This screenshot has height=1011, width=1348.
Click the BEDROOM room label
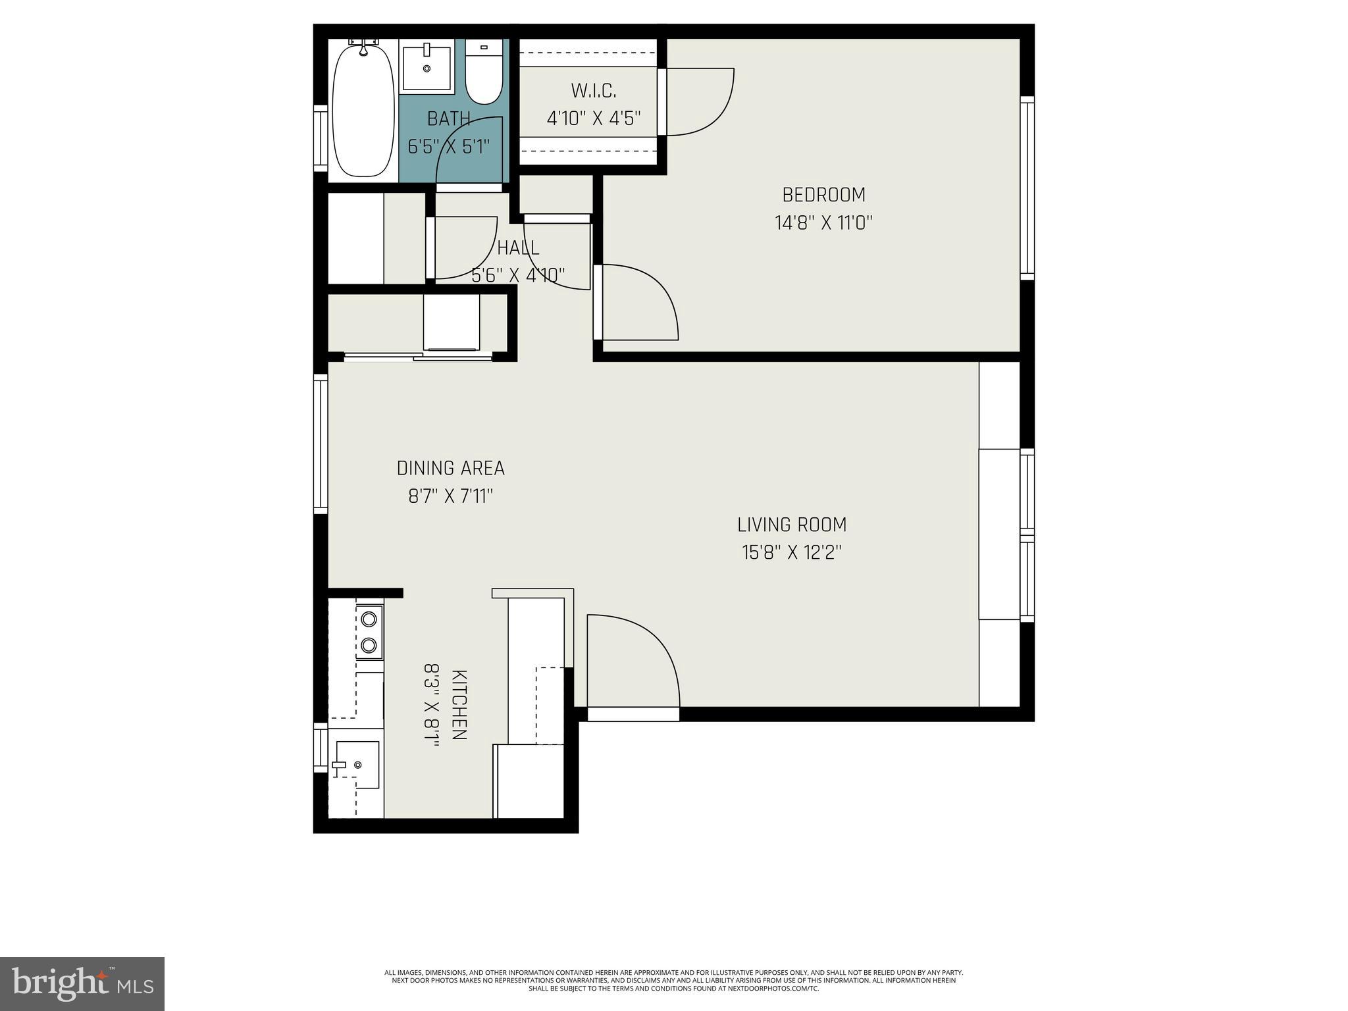click(x=823, y=195)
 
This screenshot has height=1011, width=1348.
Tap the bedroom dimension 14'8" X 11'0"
click(x=823, y=223)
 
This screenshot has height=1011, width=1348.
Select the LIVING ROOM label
click(x=792, y=525)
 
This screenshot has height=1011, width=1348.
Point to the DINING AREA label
click(x=451, y=468)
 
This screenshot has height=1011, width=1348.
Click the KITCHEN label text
click(x=459, y=705)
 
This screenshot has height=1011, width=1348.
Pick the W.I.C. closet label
click(x=594, y=90)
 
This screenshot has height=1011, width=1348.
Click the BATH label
click(x=449, y=118)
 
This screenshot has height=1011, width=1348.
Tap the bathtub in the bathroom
click(x=363, y=109)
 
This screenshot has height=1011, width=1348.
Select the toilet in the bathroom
click(x=484, y=78)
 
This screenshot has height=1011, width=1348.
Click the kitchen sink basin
click(x=357, y=764)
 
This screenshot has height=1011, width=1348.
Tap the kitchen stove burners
click(x=369, y=631)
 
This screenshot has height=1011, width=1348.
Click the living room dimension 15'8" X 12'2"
click(x=792, y=552)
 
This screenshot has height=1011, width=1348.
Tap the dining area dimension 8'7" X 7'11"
click(x=451, y=496)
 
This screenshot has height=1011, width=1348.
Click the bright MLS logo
click(x=82, y=983)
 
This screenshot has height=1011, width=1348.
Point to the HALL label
click(x=518, y=248)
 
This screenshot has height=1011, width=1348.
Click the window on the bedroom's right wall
click(x=1027, y=188)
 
